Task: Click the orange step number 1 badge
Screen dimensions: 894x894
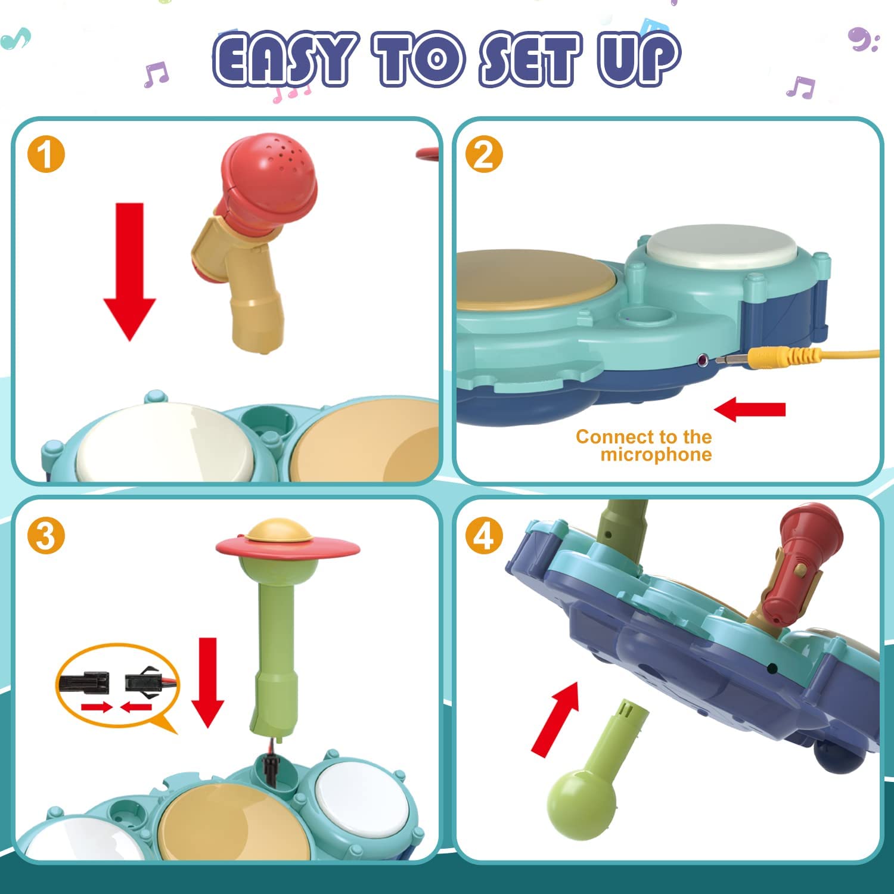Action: [x=46, y=155]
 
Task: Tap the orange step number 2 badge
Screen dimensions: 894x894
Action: [x=484, y=154]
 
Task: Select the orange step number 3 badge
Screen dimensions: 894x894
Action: [x=46, y=536]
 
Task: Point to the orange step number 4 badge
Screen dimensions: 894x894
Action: [x=484, y=536]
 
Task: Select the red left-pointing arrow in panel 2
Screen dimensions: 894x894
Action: [x=750, y=410]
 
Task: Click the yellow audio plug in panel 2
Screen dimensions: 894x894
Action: [x=775, y=358]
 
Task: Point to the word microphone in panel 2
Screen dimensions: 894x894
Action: [x=656, y=455]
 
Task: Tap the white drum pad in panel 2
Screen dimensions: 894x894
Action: [x=721, y=246]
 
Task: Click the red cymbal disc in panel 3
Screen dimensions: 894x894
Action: [x=288, y=546]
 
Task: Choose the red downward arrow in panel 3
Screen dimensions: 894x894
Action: [x=207, y=682]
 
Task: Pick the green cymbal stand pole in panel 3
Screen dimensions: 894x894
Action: [x=275, y=644]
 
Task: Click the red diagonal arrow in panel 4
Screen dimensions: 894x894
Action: [x=556, y=718]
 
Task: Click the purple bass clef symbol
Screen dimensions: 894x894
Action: [x=862, y=40]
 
